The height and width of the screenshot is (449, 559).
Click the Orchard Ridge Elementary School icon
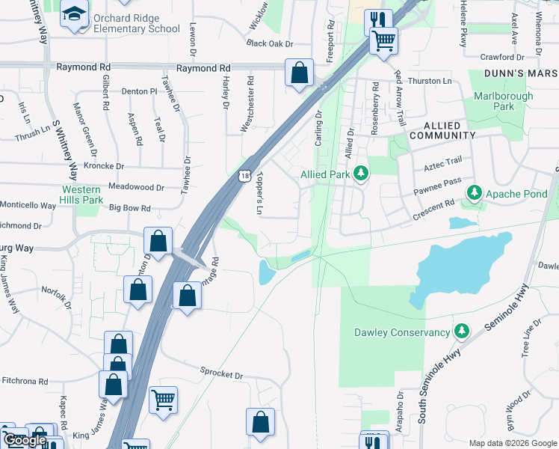pyautogui.click(x=75, y=14)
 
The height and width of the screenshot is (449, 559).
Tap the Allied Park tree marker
pyautogui.click(x=361, y=174)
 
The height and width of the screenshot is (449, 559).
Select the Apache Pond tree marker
pyautogui.click(x=474, y=194)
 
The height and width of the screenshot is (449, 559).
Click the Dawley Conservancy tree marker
pyautogui.click(x=462, y=332)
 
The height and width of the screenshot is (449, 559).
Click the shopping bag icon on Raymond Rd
pyautogui.click(x=299, y=73)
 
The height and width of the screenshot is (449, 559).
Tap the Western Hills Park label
pyautogui.click(x=82, y=195)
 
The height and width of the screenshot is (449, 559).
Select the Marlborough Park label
pyautogui.click(x=504, y=101)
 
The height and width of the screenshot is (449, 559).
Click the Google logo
pyautogui.click(x=27, y=441)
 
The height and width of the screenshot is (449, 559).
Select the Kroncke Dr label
pyautogui.click(x=104, y=165)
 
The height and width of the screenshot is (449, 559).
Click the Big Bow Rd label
pyautogui.click(x=130, y=209)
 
